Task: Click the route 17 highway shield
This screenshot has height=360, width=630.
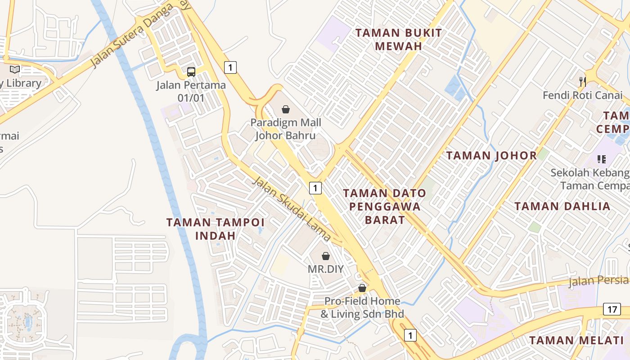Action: pyautogui.click(x=612, y=310)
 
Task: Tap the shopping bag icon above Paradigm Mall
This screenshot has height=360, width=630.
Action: pyautogui.click(x=285, y=109)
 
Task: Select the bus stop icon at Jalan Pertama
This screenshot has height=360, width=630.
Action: pyautogui.click(x=191, y=72)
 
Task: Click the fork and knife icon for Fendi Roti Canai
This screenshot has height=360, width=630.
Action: pyautogui.click(x=583, y=81)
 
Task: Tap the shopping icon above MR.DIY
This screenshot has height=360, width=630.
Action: pyautogui.click(x=326, y=256)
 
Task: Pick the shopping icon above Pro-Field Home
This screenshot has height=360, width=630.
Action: pyautogui.click(x=362, y=288)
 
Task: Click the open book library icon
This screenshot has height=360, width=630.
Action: pyautogui.click(x=15, y=69)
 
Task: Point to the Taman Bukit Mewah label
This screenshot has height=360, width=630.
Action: pyautogui.click(x=399, y=39)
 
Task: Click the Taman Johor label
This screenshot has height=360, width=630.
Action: pyautogui.click(x=491, y=156)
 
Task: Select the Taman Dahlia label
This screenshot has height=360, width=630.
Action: pyautogui.click(x=562, y=207)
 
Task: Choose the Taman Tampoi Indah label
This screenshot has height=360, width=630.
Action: pyautogui.click(x=216, y=229)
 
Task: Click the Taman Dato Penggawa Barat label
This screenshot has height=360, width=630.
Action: pyautogui.click(x=384, y=207)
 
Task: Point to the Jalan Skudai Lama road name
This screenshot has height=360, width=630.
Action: pyautogui.click(x=292, y=209)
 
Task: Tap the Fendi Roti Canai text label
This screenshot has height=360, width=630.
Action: pyautogui.click(x=582, y=95)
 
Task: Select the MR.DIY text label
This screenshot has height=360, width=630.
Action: pyautogui.click(x=325, y=269)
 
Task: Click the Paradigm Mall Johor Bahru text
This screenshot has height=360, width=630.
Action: pyautogui.click(x=286, y=129)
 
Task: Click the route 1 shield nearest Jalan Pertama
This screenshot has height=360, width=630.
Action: pyautogui.click(x=230, y=67)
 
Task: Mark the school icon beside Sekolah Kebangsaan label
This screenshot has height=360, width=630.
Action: pyautogui.click(x=602, y=159)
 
